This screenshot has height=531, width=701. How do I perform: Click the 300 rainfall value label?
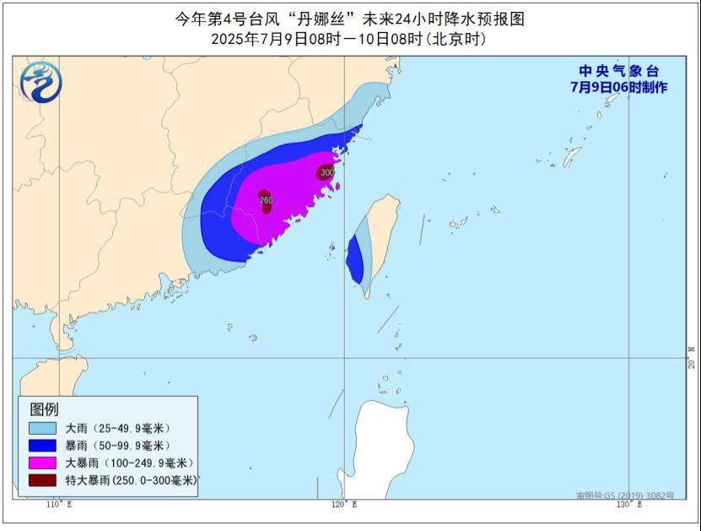pos(327,172)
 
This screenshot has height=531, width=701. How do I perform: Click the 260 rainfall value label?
pos(266,200)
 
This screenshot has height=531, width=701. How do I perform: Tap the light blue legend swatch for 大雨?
pos(42,428)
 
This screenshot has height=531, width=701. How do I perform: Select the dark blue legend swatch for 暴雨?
pos(42,445)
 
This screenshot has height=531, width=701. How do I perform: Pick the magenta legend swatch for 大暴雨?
pos(42,463)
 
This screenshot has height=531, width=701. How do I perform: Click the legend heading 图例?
pos(45,409)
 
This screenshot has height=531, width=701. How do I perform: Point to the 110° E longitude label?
pos(58,504)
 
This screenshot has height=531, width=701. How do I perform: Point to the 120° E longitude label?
pos(343,504)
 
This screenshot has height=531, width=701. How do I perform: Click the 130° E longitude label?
pos(628,504)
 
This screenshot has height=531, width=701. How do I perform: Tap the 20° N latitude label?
pos(692,358)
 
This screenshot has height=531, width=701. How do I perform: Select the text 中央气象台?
pos(618,72)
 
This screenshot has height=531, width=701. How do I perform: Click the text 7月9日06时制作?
pos(618,87)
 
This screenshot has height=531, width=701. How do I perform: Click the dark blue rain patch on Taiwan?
pos(354,260)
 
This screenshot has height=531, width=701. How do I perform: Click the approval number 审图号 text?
pos(625,496)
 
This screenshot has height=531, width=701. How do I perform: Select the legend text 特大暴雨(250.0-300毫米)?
pos(130,480)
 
